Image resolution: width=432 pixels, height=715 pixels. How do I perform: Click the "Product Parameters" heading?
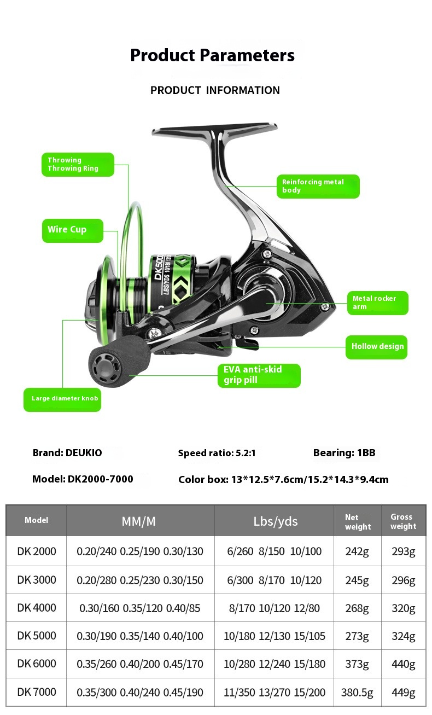(x=212, y=55)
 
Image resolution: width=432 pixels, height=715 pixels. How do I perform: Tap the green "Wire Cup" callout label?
(x=72, y=230)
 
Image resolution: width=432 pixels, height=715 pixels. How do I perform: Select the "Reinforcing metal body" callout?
(x=318, y=186)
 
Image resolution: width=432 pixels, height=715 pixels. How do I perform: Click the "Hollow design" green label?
(x=376, y=347)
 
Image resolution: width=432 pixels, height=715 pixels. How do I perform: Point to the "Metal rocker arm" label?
(x=377, y=303)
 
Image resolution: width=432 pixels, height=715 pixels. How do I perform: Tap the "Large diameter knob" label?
(x=62, y=399)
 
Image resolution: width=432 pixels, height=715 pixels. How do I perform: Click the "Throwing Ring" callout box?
(x=78, y=165)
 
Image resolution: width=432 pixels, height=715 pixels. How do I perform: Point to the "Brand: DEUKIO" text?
(x=67, y=453)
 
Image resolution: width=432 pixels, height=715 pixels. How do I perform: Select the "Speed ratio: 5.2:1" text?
(x=217, y=453)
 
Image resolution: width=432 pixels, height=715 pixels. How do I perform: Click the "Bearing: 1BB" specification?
(x=344, y=453)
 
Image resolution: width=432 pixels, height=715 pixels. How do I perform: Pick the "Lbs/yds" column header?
(x=275, y=521)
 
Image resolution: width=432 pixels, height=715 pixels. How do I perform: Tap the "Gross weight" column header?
(x=403, y=521)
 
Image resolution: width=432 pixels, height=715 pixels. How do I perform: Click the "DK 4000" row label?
(x=37, y=608)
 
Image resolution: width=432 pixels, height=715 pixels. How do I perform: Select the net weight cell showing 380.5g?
(x=357, y=693)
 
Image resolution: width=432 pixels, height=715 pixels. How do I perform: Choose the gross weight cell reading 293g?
(x=403, y=551)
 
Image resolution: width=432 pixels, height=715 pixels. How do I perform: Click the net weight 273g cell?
(x=357, y=636)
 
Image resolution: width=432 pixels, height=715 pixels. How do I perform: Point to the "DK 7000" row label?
(x=37, y=692)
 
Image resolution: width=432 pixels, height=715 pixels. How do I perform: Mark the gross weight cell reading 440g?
(x=403, y=664)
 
